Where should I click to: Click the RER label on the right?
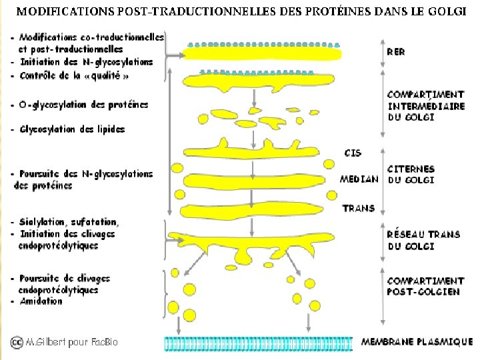click(396, 51)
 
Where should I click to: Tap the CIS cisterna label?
click(353, 153)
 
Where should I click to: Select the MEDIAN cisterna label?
click(359, 179)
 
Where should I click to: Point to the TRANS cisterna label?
click(359, 208)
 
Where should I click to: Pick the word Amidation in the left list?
click(41, 301)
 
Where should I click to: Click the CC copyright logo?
click(16, 342)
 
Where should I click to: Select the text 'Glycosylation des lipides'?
click(72, 129)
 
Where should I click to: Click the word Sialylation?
click(43, 222)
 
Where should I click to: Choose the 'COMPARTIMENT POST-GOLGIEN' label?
click(425, 287)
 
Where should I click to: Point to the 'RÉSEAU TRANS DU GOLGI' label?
click(423, 240)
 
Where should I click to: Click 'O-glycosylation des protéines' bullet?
click(83, 105)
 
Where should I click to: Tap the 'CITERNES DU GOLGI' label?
click(411, 175)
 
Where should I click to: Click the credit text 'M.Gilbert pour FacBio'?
click(71, 342)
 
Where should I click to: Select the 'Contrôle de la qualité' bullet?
click(75, 76)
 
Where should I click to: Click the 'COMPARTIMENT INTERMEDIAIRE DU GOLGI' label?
click(425, 105)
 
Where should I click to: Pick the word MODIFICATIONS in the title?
click(55, 12)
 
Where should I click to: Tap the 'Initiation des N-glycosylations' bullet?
click(86, 62)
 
